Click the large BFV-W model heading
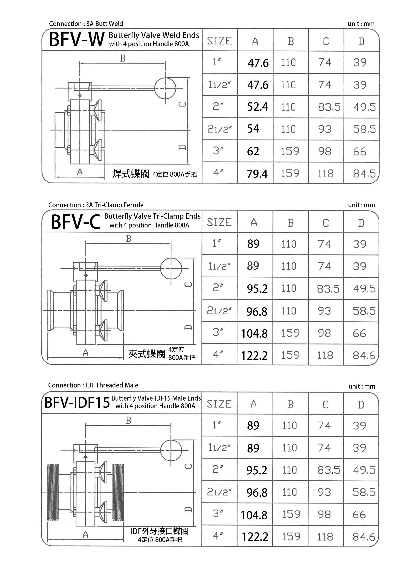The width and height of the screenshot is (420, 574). click(77, 40)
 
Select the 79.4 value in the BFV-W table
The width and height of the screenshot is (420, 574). click(257, 174)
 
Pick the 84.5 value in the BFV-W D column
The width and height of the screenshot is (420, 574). click(364, 174)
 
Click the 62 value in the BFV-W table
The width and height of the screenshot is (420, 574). click(253, 152)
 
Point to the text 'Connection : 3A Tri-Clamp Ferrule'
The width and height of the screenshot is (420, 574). click(96, 205)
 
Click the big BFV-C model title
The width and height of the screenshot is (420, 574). click(75, 222)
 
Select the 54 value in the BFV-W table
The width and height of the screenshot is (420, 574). click(253, 129)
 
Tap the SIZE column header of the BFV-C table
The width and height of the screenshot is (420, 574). click(219, 222)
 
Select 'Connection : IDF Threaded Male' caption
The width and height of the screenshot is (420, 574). click(93, 385)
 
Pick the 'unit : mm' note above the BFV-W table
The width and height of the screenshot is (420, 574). click(361, 24)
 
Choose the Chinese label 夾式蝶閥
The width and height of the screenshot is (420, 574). click(147, 354)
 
